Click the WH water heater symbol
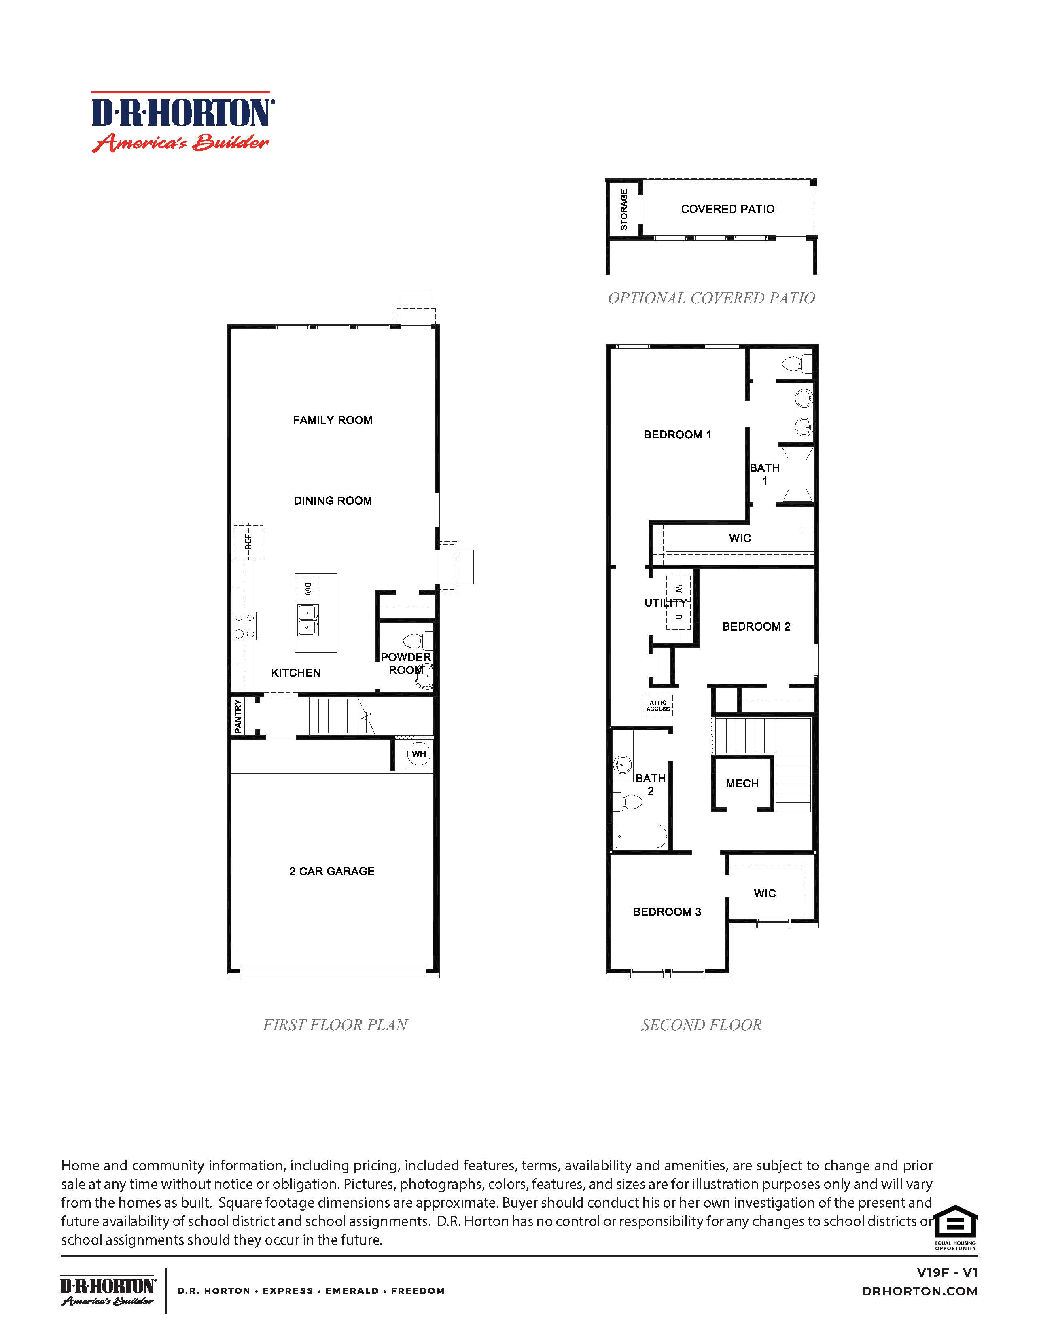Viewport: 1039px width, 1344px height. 419,754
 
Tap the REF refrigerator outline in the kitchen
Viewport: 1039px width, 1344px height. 248,541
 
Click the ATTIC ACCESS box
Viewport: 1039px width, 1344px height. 657,706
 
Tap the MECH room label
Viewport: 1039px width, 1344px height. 742,783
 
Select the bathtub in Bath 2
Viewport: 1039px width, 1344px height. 640,837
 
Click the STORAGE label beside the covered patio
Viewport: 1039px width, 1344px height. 623,209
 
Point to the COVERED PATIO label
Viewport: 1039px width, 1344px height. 727,209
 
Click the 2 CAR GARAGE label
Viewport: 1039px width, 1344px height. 332,871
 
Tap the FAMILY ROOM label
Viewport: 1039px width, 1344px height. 333,420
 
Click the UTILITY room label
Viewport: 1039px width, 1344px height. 665,603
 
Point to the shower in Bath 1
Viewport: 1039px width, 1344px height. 797,474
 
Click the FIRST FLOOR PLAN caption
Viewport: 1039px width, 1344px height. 335,1024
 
